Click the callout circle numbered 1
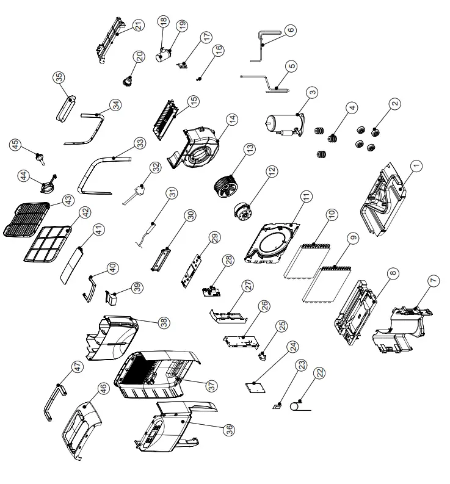(x=416, y=165)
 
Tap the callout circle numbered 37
(x=211, y=386)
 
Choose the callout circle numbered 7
(x=434, y=281)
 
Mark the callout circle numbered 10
(x=332, y=215)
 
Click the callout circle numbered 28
(x=228, y=260)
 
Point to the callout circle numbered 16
(x=219, y=51)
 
